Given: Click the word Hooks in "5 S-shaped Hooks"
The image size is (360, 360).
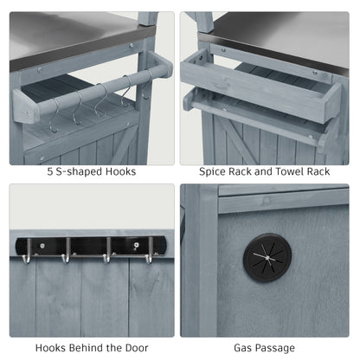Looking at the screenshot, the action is pyautogui.click(x=120, y=171).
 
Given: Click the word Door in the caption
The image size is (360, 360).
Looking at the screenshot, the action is pyautogui.click(x=137, y=348).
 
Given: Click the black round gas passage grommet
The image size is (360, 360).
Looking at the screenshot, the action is pyautogui.click(x=267, y=258).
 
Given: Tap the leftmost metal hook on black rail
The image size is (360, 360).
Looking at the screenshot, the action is pyautogui.click(x=27, y=251).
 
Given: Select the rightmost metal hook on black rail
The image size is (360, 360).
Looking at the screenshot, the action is pyautogui.click(x=149, y=251).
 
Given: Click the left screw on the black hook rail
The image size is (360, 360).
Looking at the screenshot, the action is pyautogui.click(x=42, y=246).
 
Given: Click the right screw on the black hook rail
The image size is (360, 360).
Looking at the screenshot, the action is pyautogui.click(x=136, y=245).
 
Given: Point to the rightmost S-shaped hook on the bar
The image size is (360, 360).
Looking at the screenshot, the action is pyautogui.click(x=147, y=86).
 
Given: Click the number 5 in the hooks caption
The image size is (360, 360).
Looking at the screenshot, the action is pyautogui.click(x=50, y=172).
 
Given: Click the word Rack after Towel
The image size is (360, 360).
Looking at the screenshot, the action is pyautogui.click(x=318, y=171).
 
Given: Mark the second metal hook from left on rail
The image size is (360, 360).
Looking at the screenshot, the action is pyautogui.click(x=67, y=251).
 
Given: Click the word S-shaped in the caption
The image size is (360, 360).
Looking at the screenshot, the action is pyautogui.click(x=80, y=172).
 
